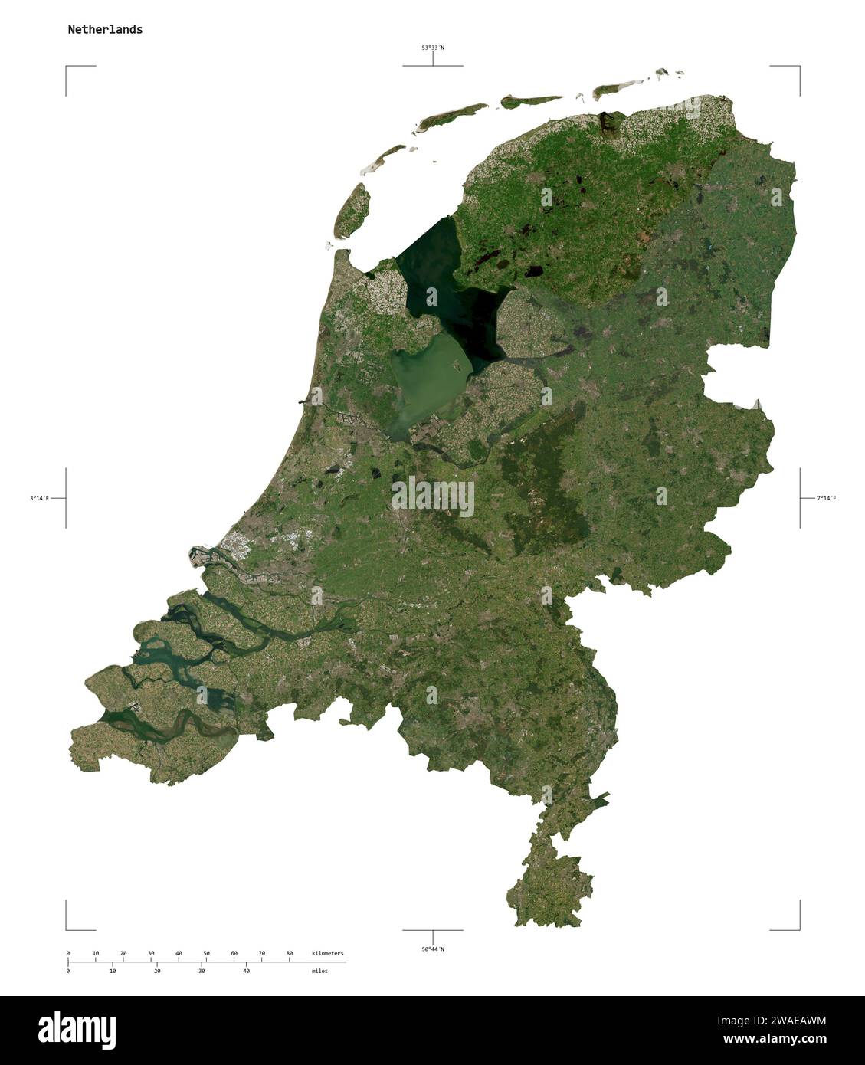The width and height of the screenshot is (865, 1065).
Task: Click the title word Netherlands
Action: pyautogui.click(x=105, y=30)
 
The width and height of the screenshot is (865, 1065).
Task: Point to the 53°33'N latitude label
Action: pyautogui.click(x=432, y=48)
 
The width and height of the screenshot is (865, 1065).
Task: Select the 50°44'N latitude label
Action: pyautogui.click(x=432, y=949)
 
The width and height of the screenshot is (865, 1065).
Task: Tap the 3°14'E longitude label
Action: pyautogui.click(x=40, y=498)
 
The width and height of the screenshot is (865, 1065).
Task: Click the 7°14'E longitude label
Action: pyautogui.click(x=827, y=498)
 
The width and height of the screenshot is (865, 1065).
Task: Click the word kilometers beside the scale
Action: pyautogui.click(x=328, y=953)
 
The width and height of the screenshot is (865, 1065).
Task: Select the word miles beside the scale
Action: pyautogui.click(x=319, y=971)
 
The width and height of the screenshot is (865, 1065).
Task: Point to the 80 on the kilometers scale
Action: pyautogui.click(x=289, y=953)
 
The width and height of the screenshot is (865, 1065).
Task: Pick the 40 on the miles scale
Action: pyautogui.click(x=246, y=971)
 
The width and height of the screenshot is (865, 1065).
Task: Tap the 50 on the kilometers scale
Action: pyautogui.click(x=206, y=953)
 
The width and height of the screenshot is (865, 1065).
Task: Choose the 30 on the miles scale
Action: pyautogui.click(x=202, y=971)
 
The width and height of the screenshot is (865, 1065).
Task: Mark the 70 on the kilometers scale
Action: pyautogui.click(x=261, y=953)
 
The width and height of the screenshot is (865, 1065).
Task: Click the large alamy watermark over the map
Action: pyautogui.click(x=433, y=498)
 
